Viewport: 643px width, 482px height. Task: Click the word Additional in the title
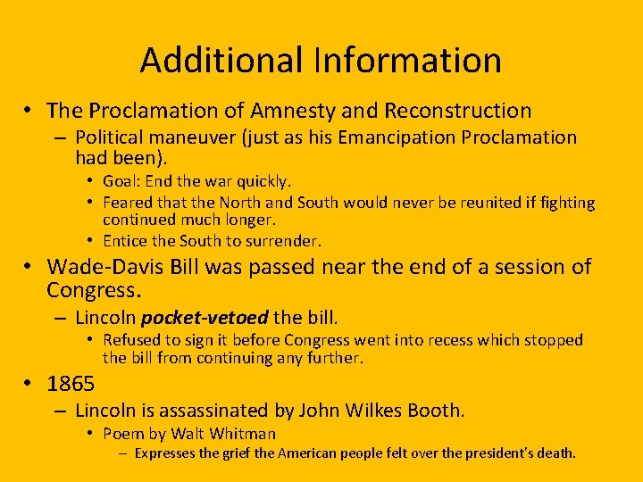pyautogui.click(x=222, y=61)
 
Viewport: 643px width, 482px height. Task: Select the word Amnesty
pyautogui.click(x=295, y=111)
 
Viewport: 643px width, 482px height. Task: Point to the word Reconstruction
pyautogui.click(x=457, y=111)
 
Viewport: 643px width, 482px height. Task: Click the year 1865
pyautogui.click(x=71, y=384)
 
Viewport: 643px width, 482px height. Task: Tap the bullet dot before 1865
pyautogui.click(x=29, y=384)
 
